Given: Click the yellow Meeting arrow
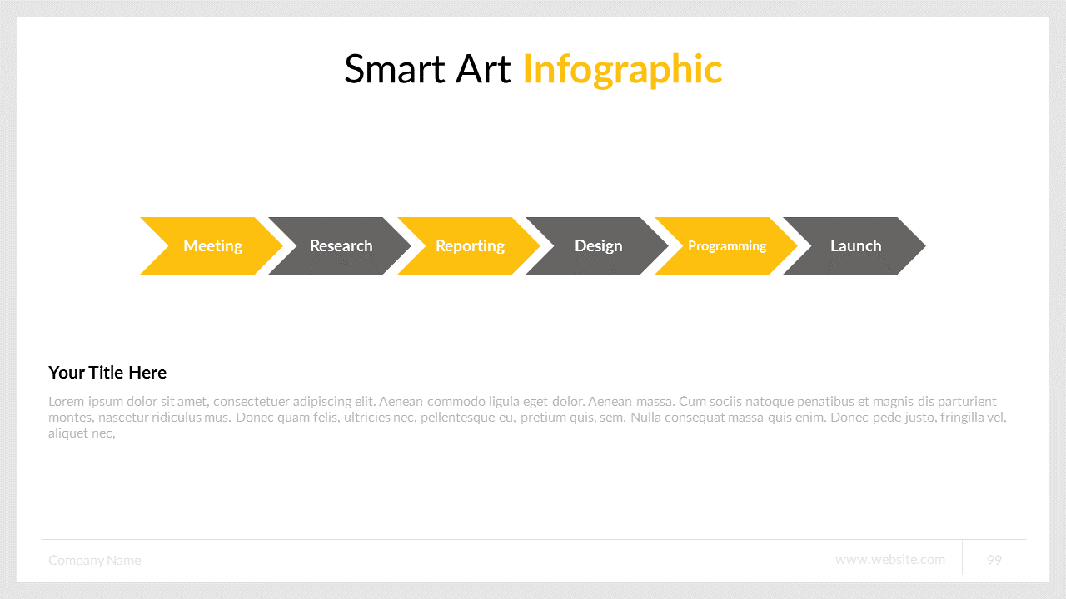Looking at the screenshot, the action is tap(212, 245).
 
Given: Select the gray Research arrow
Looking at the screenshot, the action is tap(341, 245).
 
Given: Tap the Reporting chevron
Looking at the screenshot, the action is tap(470, 245).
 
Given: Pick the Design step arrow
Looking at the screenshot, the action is tap(598, 245).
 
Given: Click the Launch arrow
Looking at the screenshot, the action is tap(855, 245).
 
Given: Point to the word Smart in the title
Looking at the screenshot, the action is tap(395, 69).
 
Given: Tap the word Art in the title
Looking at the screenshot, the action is tap(483, 69).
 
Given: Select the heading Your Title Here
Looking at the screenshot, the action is tap(107, 372).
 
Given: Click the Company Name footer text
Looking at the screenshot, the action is tap(95, 560).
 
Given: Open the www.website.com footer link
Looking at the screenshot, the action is tap(890, 560).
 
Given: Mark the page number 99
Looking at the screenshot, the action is tap(994, 560).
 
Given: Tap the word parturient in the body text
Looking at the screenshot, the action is tap(968, 402).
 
